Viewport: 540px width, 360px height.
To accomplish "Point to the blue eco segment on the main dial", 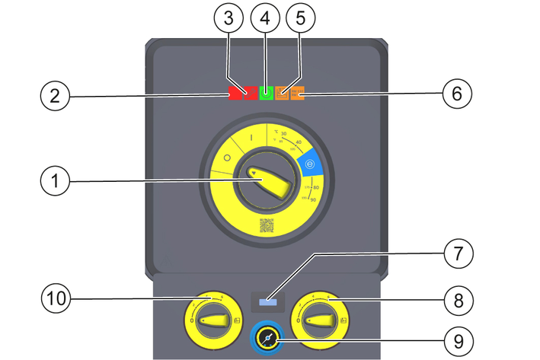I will [x=311, y=163].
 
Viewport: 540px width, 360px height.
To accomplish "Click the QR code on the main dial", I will [x=267, y=225].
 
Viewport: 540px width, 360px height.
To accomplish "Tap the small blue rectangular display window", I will [x=268, y=302].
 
